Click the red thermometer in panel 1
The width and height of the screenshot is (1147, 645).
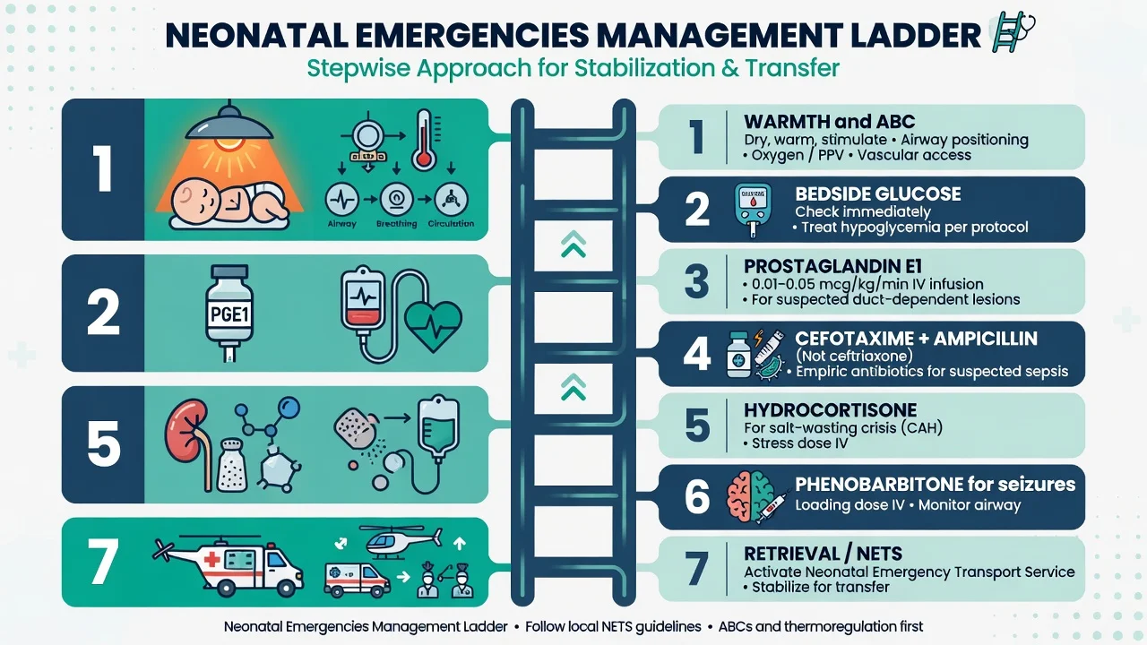[x=424, y=139]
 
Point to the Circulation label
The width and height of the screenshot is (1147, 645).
[x=451, y=224]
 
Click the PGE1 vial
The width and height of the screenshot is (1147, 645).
[x=229, y=313]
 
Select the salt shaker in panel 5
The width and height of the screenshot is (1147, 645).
[x=232, y=465]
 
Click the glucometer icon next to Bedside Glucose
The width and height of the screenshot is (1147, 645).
[x=752, y=210]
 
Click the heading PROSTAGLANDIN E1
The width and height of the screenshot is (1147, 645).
[x=832, y=266]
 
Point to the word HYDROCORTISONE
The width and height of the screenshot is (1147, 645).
[x=830, y=410]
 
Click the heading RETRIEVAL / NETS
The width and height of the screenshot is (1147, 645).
[x=823, y=554]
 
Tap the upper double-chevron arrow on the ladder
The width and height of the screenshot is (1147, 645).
[x=573, y=244]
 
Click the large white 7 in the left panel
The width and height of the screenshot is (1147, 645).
[x=103, y=562]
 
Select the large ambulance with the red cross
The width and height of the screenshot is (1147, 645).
[x=229, y=565]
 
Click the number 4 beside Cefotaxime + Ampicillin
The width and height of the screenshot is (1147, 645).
[x=697, y=354]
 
